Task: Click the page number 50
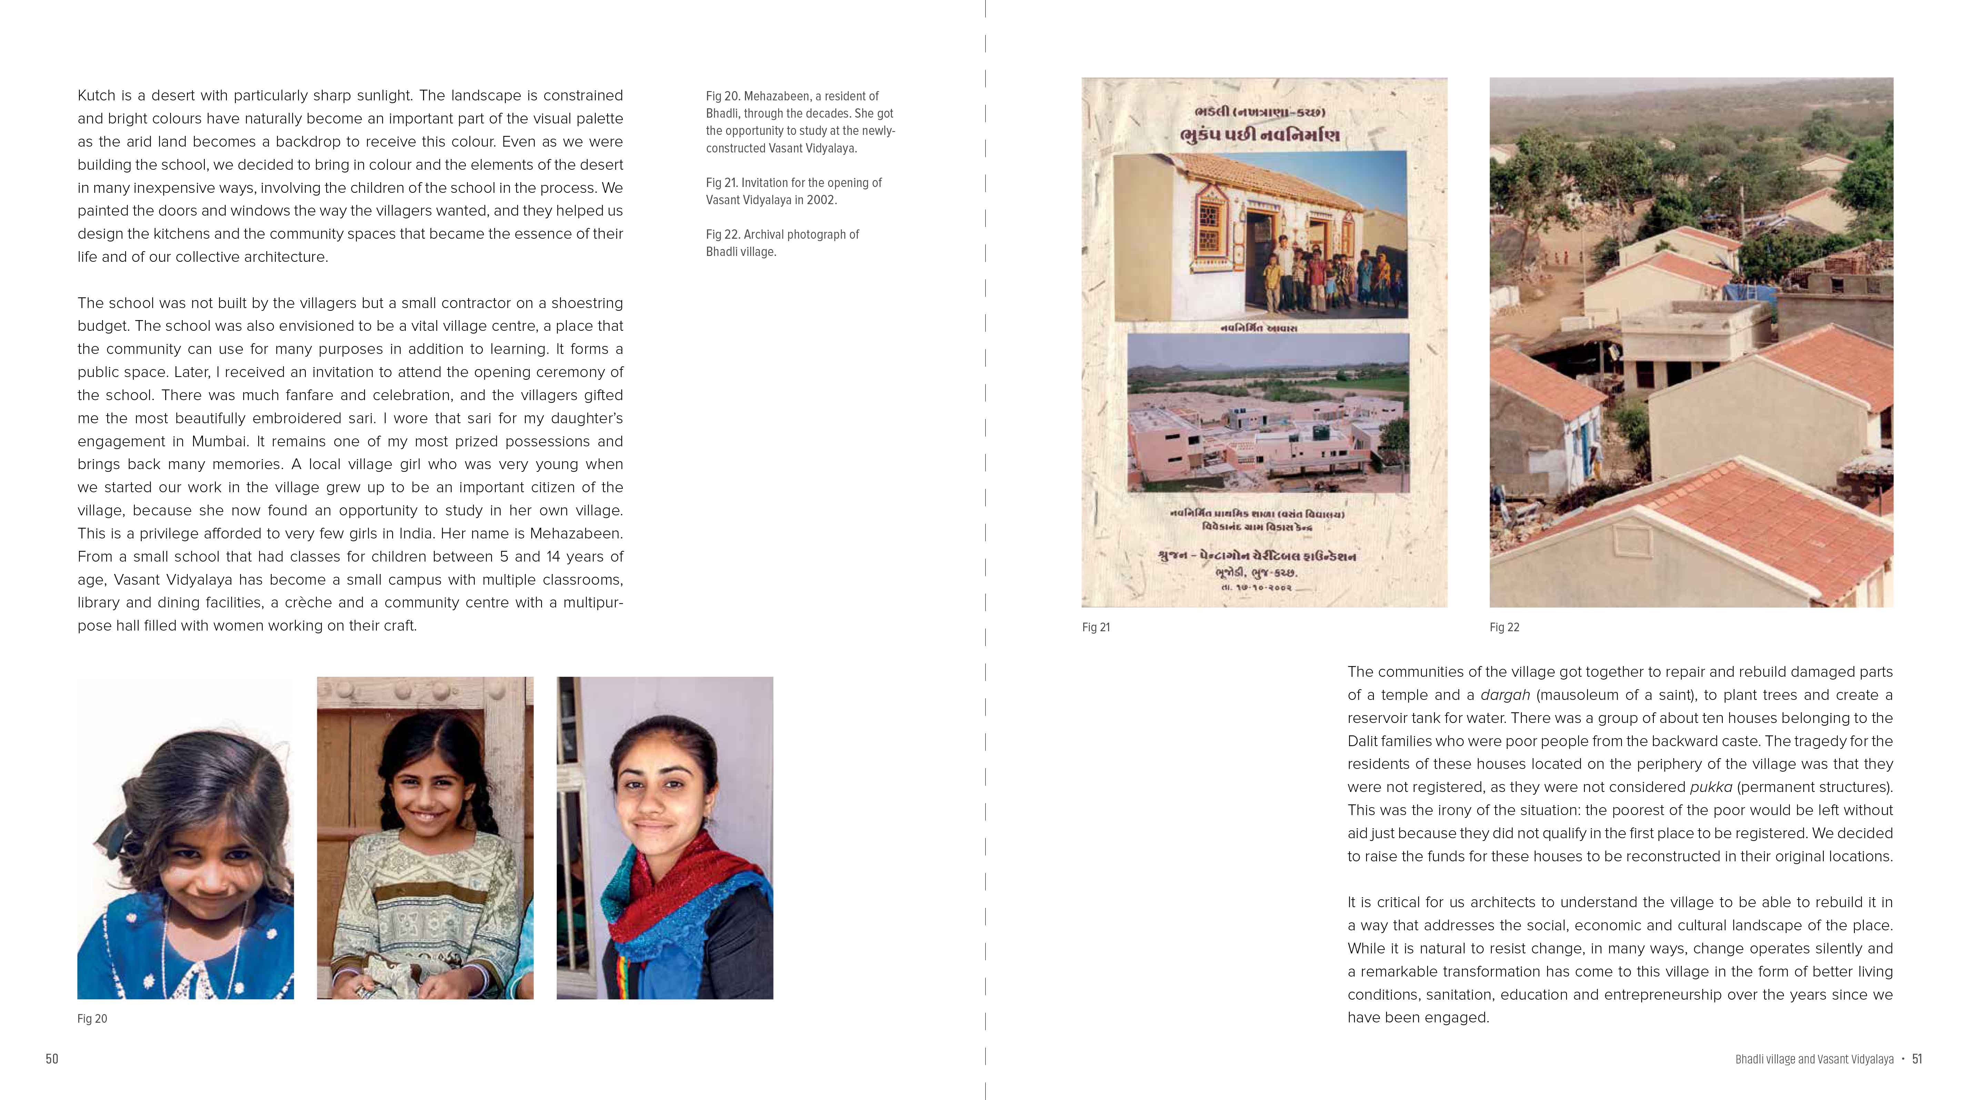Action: [x=52, y=1059]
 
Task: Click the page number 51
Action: [x=1917, y=1059]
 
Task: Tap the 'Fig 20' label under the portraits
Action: [x=92, y=1019]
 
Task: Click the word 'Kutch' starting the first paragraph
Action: [x=97, y=96]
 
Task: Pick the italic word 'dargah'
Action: [x=1505, y=695]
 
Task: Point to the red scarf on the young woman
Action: [x=673, y=880]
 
